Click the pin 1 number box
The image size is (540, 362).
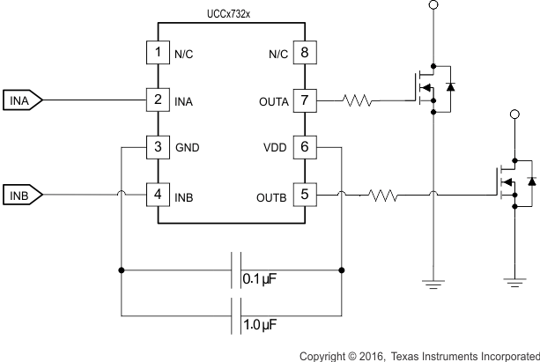point(158,53)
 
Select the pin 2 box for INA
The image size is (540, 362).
point(158,100)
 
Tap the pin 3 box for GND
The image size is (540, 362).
point(158,147)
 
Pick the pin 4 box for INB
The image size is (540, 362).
point(158,194)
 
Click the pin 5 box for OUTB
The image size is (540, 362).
point(304,194)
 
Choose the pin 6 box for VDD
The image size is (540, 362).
point(304,147)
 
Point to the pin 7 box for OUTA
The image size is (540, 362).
point(304,100)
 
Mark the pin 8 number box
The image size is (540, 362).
point(304,53)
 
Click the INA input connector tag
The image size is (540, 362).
point(21,100)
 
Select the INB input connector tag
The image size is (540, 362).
point(21,194)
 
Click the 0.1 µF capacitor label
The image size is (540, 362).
point(260,280)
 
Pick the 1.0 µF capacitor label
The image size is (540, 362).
point(260,326)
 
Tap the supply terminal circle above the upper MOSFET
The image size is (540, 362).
point(432,6)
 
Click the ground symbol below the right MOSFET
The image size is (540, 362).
point(514,281)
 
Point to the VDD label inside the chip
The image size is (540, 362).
point(275,148)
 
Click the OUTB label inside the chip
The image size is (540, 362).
point(271,195)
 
